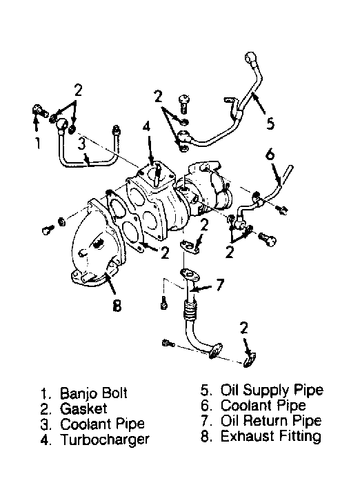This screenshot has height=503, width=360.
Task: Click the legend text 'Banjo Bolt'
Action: click(94, 394)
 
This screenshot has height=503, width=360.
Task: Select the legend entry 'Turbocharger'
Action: click(105, 440)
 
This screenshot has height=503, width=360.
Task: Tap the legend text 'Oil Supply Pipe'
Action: click(272, 391)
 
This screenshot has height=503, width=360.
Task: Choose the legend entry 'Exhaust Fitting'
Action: click(271, 436)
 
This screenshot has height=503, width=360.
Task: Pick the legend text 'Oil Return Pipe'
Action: click(271, 421)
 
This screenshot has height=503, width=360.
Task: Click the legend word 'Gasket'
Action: click(83, 409)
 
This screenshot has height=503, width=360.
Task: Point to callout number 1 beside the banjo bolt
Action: click(38, 143)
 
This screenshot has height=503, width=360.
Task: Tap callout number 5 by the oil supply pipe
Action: click(270, 123)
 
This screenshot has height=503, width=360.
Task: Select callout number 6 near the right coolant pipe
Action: click(270, 155)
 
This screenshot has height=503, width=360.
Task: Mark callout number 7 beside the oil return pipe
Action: click(220, 285)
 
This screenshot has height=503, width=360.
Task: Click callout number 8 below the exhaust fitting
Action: click(117, 306)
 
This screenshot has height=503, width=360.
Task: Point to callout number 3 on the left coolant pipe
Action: click(82, 144)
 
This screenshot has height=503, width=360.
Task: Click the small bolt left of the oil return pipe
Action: click(164, 303)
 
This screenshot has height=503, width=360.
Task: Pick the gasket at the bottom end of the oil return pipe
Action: click(249, 360)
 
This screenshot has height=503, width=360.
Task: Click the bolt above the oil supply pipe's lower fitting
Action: click(183, 103)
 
